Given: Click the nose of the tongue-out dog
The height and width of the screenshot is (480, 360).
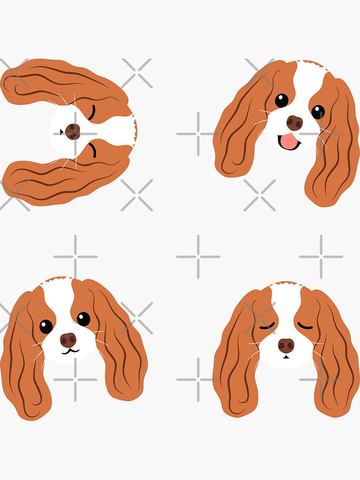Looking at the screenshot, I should tap(295, 123).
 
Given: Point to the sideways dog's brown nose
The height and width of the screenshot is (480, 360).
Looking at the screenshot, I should tap(72, 131).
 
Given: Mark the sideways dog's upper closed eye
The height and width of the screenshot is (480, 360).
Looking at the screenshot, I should tap(92, 112).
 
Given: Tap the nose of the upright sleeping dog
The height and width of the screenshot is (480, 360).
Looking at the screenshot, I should tap(286, 345).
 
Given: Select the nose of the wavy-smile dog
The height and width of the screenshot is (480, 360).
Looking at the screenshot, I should tap(69, 340).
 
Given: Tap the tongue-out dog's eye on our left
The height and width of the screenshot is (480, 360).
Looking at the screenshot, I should tap(281, 100).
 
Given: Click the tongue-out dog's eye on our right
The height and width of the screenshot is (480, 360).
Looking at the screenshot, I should tap(318, 112).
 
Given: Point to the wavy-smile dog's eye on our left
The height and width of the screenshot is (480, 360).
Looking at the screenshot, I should tap(46, 326).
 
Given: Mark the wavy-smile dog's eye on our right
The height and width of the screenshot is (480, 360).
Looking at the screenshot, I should tap(84, 319).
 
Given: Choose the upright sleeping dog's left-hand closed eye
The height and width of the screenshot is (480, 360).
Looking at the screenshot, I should tap(267, 326).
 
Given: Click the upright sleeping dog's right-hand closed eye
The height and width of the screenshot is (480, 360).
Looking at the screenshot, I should tap(305, 326).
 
